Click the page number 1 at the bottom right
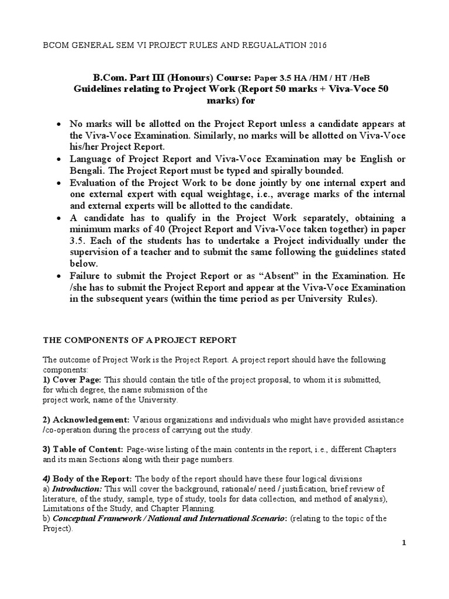[x=403, y=543]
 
